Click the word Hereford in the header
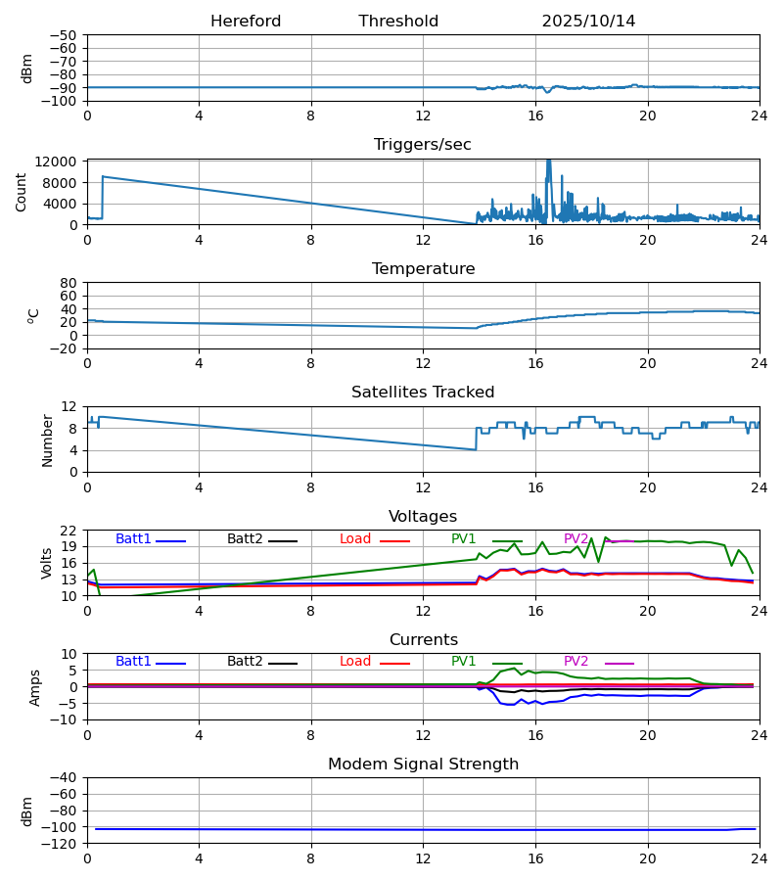coord(246,22)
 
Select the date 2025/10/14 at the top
coord(588,22)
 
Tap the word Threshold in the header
coord(398,22)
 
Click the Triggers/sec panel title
coord(423,145)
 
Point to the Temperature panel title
coord(423,269)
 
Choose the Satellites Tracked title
coord(423,393)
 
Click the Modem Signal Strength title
coord(423,765)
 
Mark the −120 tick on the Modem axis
coord(64,843)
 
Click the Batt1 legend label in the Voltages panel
coord(133,539)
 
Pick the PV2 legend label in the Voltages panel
coord(576,539)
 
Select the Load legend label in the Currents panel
coord(355,662)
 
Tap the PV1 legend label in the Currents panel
coord(464,662)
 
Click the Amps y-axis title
coord(36,687)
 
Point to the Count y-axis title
coord(22,192)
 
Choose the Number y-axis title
coord(48,440)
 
